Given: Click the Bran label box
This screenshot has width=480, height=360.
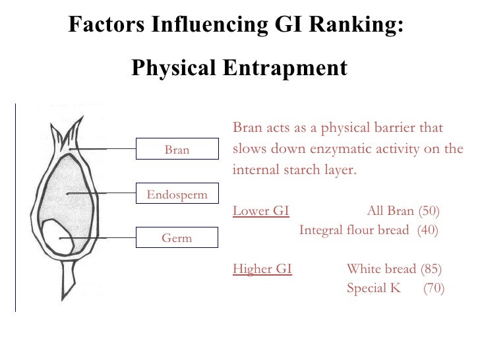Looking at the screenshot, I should (x=177, y=150).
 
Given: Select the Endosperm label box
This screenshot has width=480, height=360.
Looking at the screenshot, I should (x=177, y=195).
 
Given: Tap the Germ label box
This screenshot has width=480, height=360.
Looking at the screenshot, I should (x=177, y=238).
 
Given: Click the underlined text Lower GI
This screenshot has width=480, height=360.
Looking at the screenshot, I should (x=261, y=211).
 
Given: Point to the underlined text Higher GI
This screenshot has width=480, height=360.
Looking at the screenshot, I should (x=262, y=269).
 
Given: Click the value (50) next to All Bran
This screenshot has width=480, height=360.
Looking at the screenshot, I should (x=429, y=211).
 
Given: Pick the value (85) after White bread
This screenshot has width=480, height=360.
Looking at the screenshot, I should (x=431, y=269).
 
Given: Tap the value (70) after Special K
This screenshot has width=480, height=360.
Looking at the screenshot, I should (x=433, y=288).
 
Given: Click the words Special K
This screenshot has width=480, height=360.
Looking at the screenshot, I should (x=373, y=288).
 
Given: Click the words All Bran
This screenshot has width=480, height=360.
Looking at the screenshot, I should (x=390, y=211).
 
